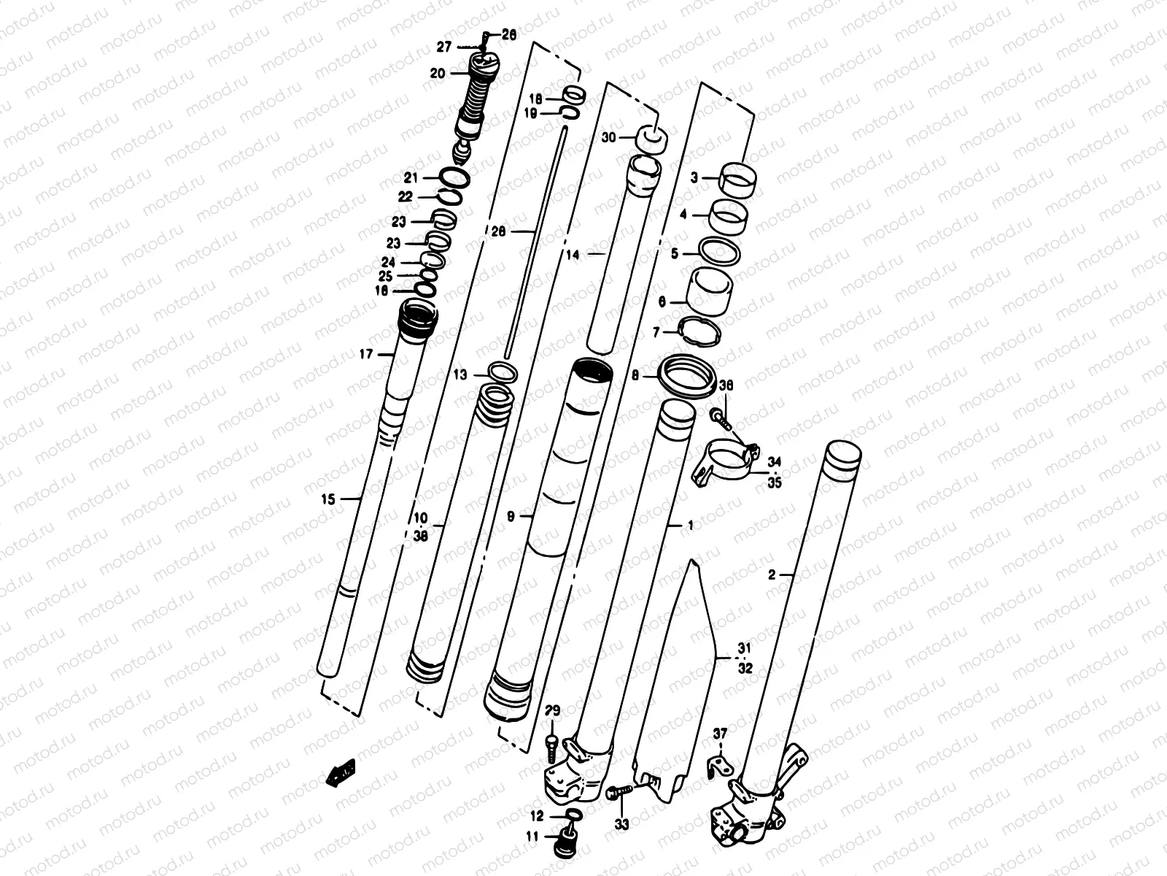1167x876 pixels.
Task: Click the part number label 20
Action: point(438,73)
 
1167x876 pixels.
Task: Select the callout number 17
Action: point(365,355)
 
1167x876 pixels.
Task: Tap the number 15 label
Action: point(327,499)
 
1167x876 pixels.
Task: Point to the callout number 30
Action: point(609,137)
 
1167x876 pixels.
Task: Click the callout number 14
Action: point(573,255)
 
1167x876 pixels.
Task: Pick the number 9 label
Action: point(511,516)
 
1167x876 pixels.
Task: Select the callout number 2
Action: point(772,575)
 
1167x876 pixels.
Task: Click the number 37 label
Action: point(720,734)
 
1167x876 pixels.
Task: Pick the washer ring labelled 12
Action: point(574,815)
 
